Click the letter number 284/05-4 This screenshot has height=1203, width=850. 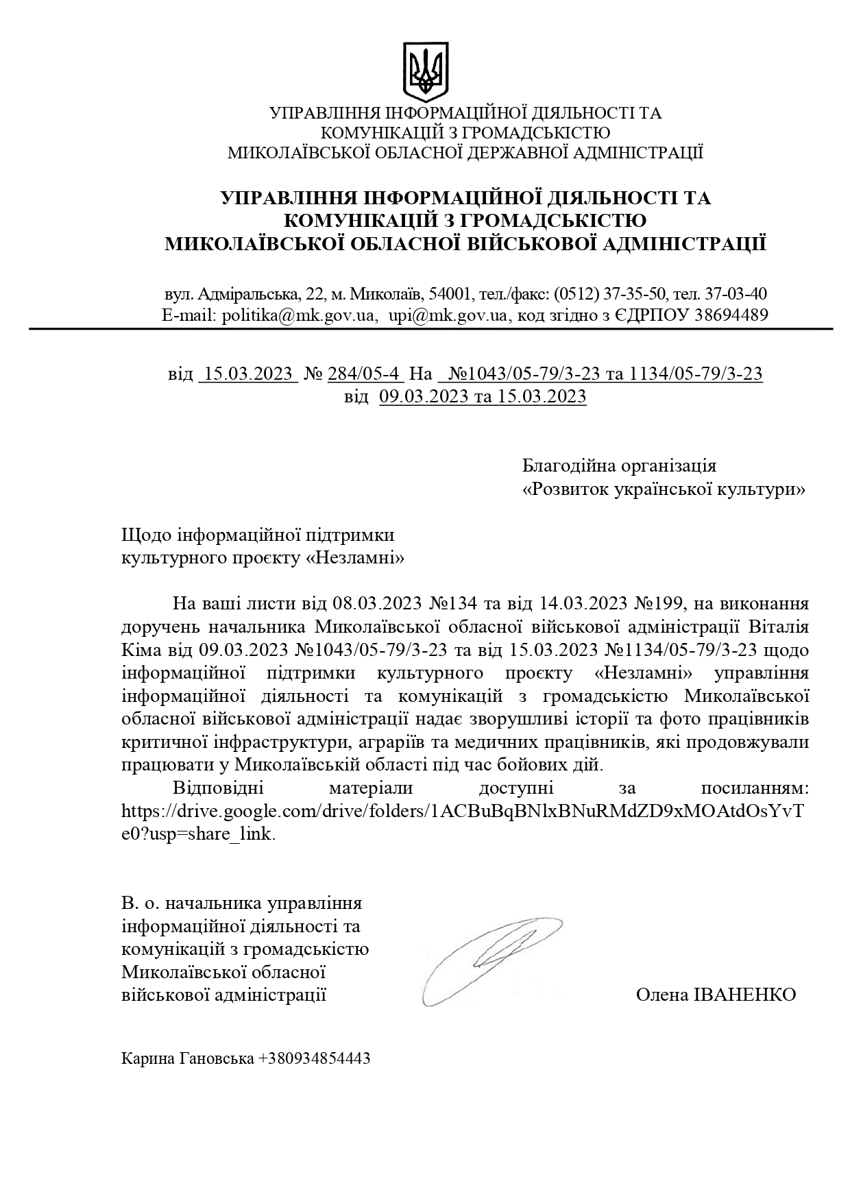tap(363, 374)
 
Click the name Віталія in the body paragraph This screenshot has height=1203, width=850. tap(778, 627)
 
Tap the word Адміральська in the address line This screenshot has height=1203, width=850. tap(248, 294)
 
